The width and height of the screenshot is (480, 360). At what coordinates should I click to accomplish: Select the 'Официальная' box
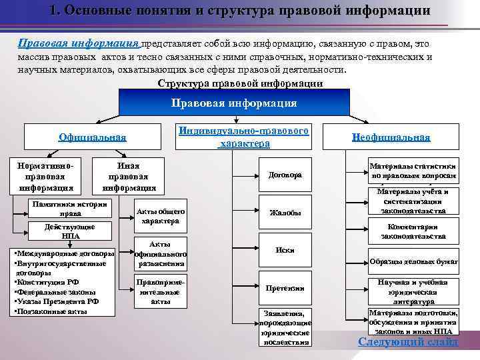[92, 138]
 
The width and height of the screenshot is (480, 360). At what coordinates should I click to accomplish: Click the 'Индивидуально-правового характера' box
[244, 137]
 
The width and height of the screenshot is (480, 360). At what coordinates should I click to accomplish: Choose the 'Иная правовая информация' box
[127, 176]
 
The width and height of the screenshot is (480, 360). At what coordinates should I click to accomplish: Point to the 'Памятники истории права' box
[71, 209]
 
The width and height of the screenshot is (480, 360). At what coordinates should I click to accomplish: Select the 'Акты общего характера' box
[160, 216]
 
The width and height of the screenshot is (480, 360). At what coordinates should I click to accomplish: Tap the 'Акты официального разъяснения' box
[160, 254]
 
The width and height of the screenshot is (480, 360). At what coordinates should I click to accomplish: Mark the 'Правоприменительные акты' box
[160, 291]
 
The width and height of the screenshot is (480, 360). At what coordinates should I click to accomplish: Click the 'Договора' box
[285, 175]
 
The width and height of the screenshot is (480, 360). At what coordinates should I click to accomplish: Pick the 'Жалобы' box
[285, 213]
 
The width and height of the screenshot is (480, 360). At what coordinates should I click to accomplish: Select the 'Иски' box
[285, 250]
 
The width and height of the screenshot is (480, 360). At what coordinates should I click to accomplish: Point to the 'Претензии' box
[285, 288]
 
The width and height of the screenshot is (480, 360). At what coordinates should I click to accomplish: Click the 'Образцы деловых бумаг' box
[413, 262]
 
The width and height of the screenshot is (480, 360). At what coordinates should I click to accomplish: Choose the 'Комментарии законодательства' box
[413, 231]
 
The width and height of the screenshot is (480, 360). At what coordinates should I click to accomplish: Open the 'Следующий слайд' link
[408, 342]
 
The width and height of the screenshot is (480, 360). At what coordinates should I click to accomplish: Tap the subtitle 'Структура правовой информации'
[240, 84]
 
